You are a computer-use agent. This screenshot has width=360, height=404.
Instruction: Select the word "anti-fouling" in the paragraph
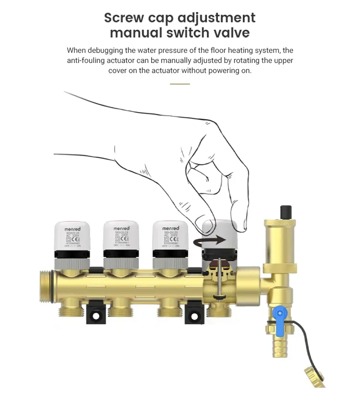point(86,61)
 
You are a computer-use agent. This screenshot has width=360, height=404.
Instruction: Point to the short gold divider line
point(180,84)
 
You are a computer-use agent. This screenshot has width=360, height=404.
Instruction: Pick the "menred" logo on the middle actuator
point(121,228)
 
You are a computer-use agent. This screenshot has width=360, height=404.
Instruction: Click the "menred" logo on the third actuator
point(170,228)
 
